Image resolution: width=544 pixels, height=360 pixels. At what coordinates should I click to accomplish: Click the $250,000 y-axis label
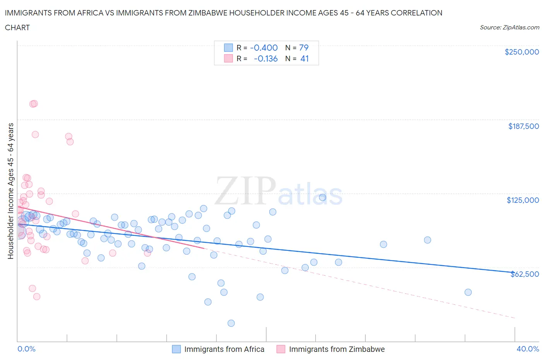pyautogui.click(x=522, y=52)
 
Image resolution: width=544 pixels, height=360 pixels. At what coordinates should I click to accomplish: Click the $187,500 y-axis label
pyautogui.click(x=523, y=126)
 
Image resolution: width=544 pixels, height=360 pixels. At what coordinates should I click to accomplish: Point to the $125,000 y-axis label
pyautogui.click(x=523, y=200)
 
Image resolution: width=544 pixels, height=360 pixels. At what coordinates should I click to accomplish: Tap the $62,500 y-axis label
pyautogui.click(x=525, y=274)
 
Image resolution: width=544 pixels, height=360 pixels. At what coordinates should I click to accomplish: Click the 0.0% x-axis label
pyautogui.click(x=26, y=349)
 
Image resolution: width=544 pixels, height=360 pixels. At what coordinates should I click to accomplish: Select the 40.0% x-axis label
pyautogui.click(x=528, y=349)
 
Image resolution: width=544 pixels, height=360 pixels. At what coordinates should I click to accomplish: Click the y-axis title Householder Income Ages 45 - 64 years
pyautogui.click(x=11, y=191)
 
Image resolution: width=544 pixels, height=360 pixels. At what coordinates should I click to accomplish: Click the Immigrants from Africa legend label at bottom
pyautogui.click(x=224, y=349)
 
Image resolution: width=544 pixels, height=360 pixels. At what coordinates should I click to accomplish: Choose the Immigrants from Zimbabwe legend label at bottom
pyautogui.click(x=337, y=349)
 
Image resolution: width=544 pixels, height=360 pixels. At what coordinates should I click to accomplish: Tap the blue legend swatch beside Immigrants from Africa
pyautogui.click(x=176, y=349)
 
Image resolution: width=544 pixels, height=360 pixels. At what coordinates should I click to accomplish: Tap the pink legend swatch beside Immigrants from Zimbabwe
pyautogui.click(x=281, y=349)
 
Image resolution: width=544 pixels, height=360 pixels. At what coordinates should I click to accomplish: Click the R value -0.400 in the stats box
pyautogui.click(x=264, y=48)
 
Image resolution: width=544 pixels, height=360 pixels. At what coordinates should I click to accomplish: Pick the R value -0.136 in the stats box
pyautogui.click(x=266, y=58)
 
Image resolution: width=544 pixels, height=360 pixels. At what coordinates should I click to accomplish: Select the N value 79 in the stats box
pyautogui.click(x=304, y=48)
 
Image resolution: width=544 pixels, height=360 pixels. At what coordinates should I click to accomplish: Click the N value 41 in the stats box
pyautogui.click(x=305, y=58)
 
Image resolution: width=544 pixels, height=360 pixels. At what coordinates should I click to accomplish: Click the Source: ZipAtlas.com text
pyautogui.click(x=509, y=27)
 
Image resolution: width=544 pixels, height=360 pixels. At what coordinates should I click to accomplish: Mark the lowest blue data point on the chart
pyautogui.click(x=231, y=323)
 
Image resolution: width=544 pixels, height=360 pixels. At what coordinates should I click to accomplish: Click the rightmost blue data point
pyautogui.click(x=468, y=292)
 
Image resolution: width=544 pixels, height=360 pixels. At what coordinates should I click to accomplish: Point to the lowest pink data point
pyautogui.click(x=37, y=297)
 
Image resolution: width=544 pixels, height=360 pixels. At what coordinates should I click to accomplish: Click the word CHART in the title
pyautogui.click(x=17, y=27)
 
